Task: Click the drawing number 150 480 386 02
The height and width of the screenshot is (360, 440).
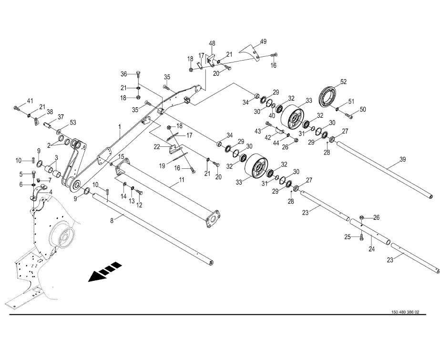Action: pyautogui.click(x=405, y=312)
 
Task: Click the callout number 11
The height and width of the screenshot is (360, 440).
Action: pyautogui.click(x=182, y=180)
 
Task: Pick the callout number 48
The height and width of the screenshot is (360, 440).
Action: pyautogui.click(x=212, y=43)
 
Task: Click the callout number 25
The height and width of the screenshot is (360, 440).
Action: pyautogui.click(x=348, y=237)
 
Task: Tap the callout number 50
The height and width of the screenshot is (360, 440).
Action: pyautogui.click(x=363, y=110)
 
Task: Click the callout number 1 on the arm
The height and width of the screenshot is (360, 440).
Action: pyautogui.click(x=120, y=127)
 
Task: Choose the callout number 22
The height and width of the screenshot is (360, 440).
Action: pyautogui.click(x=157, y=147)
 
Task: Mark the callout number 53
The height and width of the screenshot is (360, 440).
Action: pyautogui.click(x=73, y=123)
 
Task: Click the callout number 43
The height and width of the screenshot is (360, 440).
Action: pyautogui.click(x=258, y=131)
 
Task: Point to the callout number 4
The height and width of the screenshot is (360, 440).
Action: pyautogui.click(x=51, y=192)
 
